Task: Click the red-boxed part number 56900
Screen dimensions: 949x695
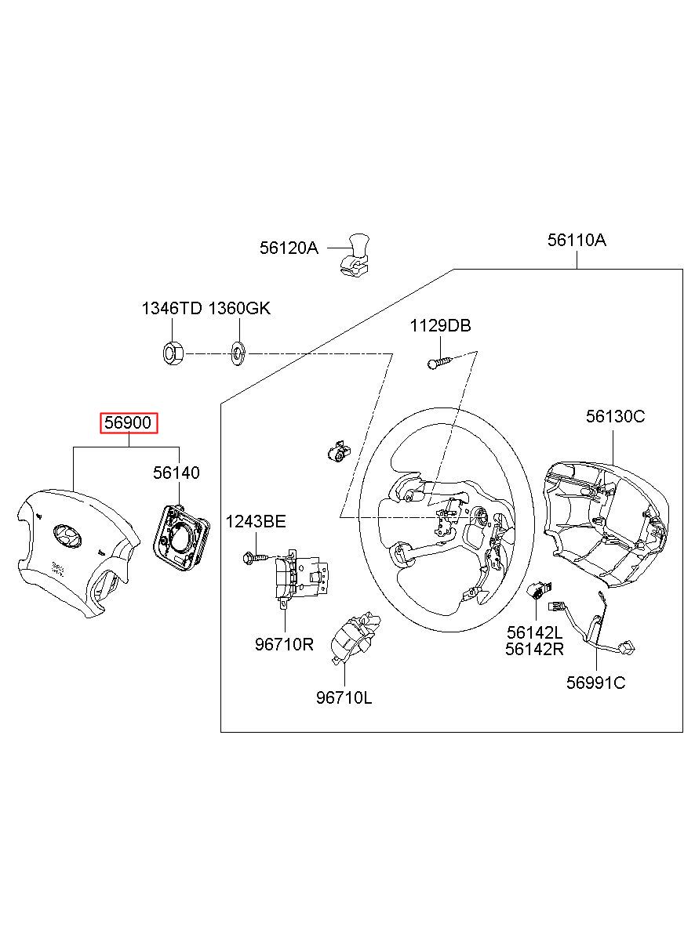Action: coord(129,424)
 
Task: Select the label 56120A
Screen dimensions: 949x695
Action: coord(289,248)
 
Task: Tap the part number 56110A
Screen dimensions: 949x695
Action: coord(577,241)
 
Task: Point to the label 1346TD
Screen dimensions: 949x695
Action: coord(171,308)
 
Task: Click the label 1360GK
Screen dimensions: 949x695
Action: coord(238,308)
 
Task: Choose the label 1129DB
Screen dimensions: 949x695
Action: coord(440,326)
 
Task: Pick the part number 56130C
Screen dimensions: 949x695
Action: coord(615,416)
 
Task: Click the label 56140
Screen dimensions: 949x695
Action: coord(176,473)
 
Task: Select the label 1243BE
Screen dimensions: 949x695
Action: coord(256,522)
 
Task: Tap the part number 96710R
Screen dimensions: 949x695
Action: coord(283,644)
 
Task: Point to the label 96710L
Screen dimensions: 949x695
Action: coord(344,697)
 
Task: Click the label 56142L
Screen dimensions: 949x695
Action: coord(534,632)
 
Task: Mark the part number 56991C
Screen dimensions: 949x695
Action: coord(595,683)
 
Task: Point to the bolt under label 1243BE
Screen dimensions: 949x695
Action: coord(254,557)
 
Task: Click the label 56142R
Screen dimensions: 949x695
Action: coord(534,649)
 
